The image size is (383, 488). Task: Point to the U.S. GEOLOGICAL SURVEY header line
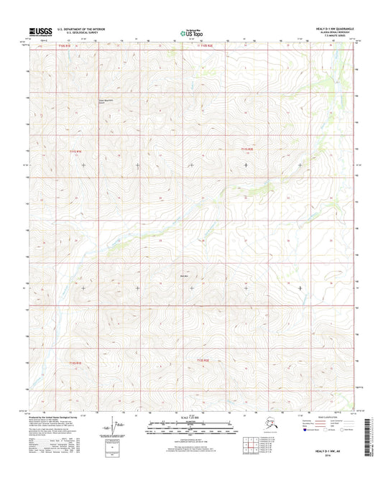coord(68,33)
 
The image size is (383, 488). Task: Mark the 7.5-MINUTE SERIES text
coord(345,36)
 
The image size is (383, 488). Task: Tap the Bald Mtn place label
coord(184,276)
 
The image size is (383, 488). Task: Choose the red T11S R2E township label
coord(246,149)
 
